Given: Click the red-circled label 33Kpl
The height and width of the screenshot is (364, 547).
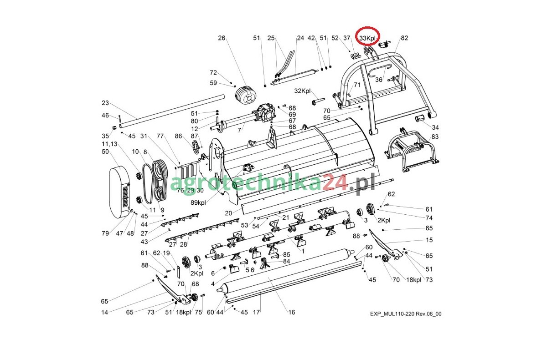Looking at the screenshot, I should [x=368, y=38].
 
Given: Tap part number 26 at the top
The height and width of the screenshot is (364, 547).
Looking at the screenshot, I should [x=222, y=38].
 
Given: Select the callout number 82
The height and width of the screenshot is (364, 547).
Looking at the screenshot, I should [x=404, y=38].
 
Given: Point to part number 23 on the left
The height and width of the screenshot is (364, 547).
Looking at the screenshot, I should [x=105, y=103].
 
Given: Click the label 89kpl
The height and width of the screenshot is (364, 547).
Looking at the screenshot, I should [x=199, y=202].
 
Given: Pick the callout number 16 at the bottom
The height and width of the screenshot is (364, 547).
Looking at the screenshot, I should [x=291, y=312].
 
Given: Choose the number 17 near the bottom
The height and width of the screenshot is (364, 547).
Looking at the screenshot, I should [x=256, y=312].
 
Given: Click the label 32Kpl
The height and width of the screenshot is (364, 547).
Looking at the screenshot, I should [x=302, y=91].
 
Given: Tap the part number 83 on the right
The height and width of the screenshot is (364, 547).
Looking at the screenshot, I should [x=435, y=136].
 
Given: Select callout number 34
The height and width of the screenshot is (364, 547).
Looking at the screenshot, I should [x=435, y=127].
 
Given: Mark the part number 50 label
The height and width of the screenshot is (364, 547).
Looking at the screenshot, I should [x=105, y=151].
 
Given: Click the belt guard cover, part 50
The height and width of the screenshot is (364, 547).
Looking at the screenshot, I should [x=119, y=192].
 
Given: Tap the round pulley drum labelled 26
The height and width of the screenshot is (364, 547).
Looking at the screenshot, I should [x=246, y=96].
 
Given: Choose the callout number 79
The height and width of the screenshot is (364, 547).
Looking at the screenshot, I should [x=105, y=233].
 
